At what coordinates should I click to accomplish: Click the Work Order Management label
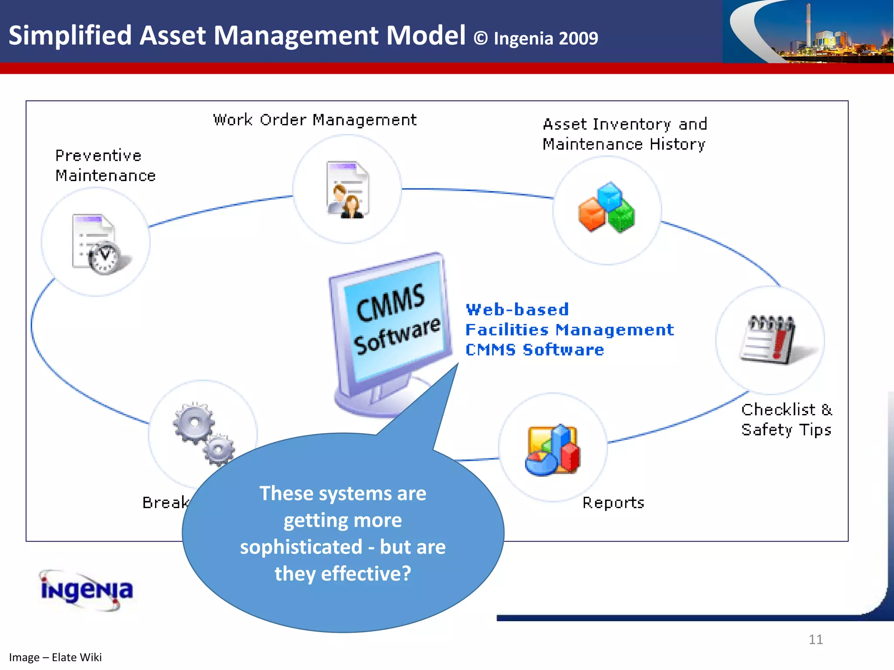[315, 120]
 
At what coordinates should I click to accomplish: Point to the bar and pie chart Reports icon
[553, 450]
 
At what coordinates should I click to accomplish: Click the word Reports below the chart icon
[613, 503]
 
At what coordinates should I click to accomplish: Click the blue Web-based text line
[517, 310]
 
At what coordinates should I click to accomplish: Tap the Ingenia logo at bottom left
[86, 590]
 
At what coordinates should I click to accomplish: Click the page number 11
[815, 639]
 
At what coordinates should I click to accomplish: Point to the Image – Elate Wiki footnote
[55, 657]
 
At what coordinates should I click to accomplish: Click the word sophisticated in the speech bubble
[301, 547]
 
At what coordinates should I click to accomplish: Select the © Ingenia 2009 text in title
[536, 38]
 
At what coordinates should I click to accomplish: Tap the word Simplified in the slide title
[70, 35]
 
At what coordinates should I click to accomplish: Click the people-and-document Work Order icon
[347, 190]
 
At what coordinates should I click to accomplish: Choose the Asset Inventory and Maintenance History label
[624, 134]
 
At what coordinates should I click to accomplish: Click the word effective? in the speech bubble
[366, 574]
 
